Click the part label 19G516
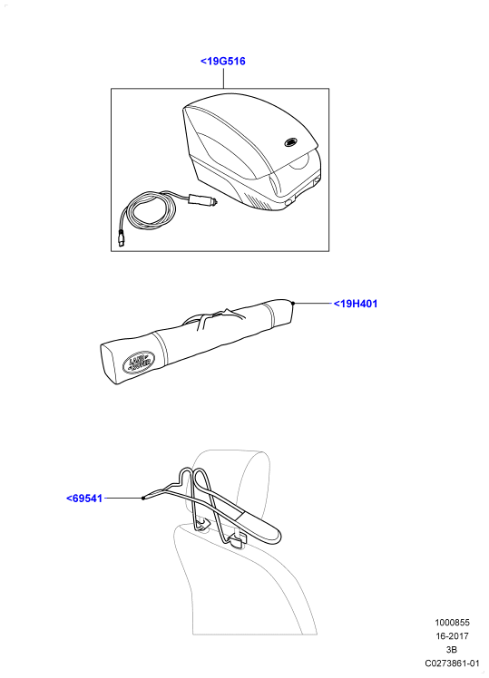223,62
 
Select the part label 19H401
356,304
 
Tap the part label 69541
84,499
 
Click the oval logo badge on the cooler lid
290,141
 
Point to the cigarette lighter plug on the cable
202,199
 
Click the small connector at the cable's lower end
121,239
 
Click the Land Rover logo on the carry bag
139,362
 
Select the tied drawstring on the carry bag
215,319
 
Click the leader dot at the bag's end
293,304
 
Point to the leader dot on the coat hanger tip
142,499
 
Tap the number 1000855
452,623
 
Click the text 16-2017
452,636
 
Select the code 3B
452,650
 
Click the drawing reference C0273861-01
452,663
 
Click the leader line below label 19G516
224,78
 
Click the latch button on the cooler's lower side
289,201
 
